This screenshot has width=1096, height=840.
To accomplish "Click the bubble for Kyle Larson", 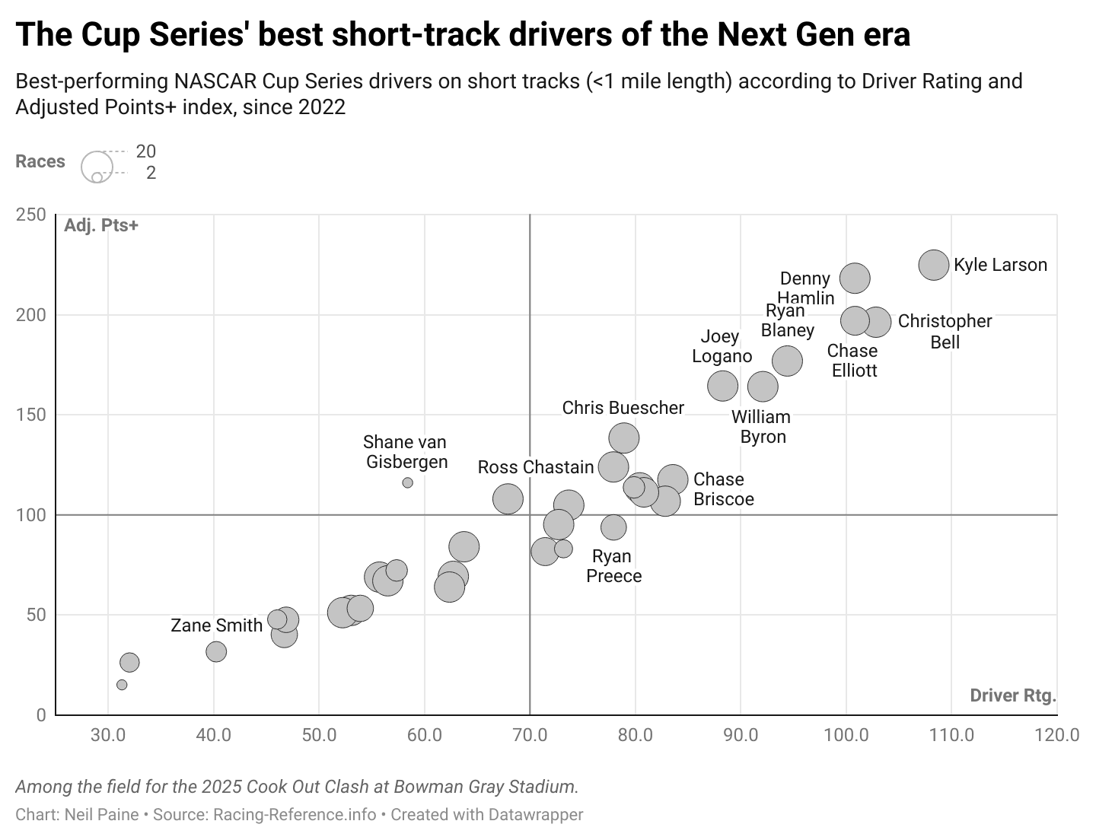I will [934, 265].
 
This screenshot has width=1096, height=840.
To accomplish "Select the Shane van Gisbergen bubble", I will [407, 483].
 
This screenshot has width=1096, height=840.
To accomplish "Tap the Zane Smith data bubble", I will [216, 651].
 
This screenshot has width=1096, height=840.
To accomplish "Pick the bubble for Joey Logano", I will [722, 386].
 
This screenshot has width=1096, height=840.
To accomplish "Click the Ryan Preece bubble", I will [613, 527].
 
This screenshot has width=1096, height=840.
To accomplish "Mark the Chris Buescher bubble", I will [623, 438].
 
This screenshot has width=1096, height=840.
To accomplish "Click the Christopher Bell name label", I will [945, 332].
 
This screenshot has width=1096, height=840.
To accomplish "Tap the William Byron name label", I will [761, 427].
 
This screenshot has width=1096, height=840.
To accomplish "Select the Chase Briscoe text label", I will [723, 489].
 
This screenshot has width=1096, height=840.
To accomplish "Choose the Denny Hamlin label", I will [805, 288].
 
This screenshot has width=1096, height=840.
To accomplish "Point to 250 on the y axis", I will [30, 215].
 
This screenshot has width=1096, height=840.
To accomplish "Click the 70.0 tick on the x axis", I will [530, 735].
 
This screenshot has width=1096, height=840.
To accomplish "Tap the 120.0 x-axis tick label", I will [1057, 735].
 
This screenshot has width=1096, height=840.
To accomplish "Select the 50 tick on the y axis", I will [36, 615].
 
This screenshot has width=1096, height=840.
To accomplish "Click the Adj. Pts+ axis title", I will [101, 226].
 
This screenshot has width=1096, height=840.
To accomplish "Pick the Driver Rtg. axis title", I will [1013, 695].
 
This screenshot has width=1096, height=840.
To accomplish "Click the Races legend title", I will [40, 162].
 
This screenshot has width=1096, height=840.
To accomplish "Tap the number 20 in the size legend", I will [145, 151].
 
